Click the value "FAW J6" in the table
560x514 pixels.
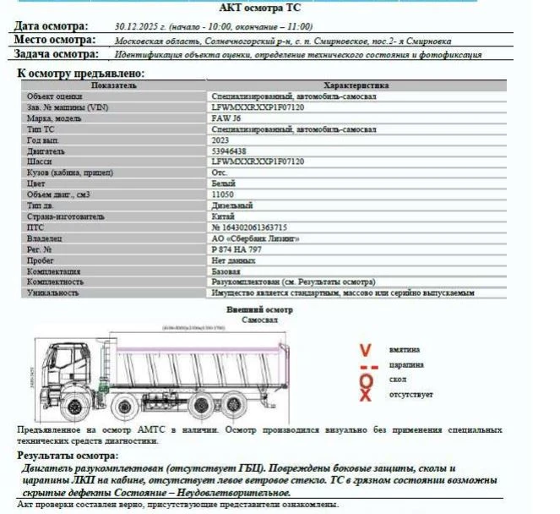pyautogui.click(x=226, y=118)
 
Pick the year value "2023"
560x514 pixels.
pyautogui.click(x=220, y=140)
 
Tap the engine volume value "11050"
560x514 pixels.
pyautogui.click(x=223, y=194)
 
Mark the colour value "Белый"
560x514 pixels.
pyautogui.click(x=223, y=183)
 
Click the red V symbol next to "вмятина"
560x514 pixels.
pyautogui.click(x=366, y=349)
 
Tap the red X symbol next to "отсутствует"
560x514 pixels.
pyautogui.click(x=366, y=395)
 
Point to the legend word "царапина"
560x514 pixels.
pyautogui.click(x=406, y=365)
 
